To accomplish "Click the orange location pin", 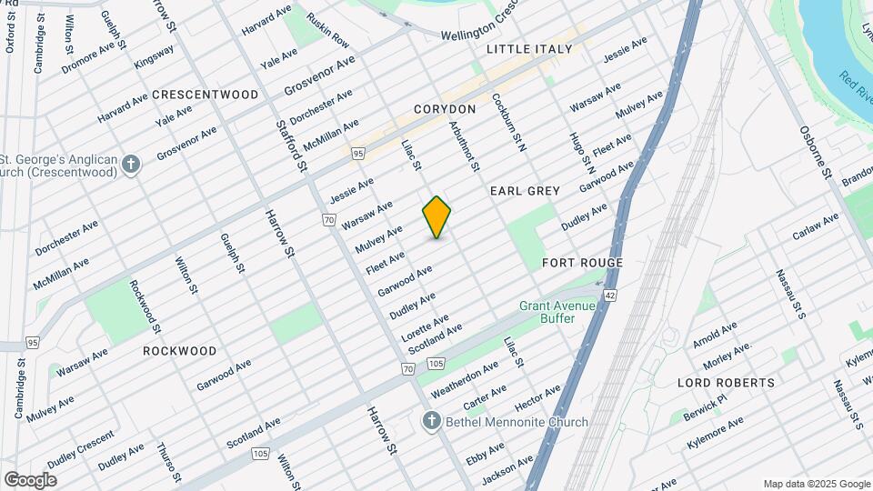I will pos(436,217).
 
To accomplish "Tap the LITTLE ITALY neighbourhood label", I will pos(529,49).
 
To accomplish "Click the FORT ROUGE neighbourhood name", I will pos(582,263).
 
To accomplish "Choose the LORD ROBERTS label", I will pos(726,383).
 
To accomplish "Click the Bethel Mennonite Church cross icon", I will pos(432,421).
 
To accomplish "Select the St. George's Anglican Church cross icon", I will pos(132,165).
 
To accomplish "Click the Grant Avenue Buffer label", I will pos(557,313).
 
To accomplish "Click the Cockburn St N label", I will pos(509,121).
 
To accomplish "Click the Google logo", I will pos(30,479).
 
